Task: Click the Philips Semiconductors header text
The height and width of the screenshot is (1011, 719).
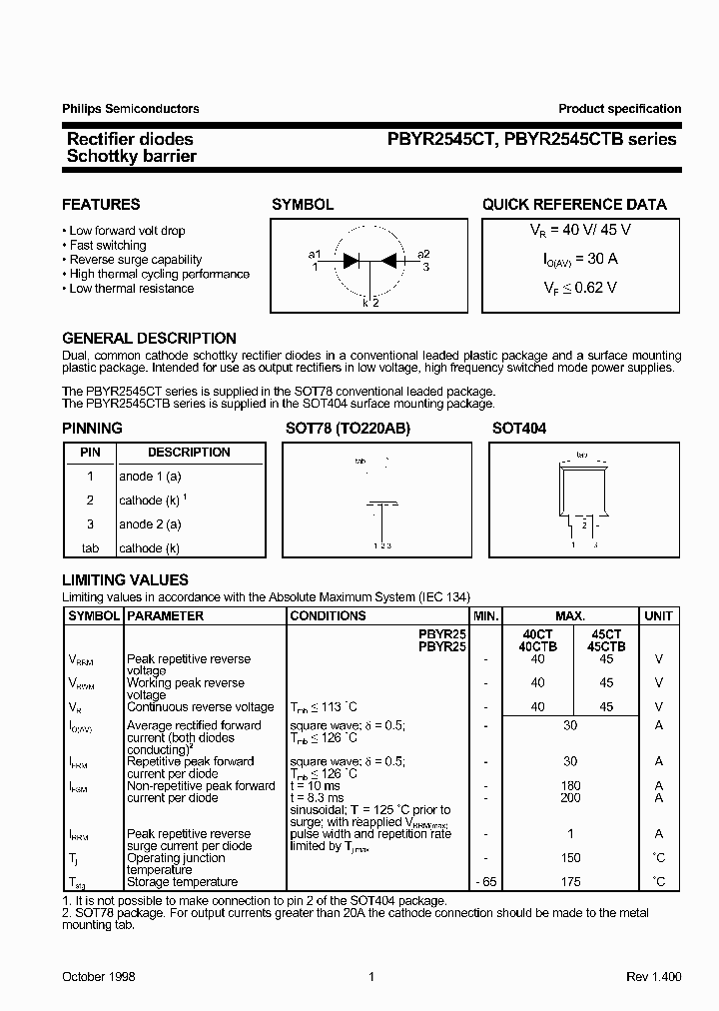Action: pyautogui.click(x=130, y=109)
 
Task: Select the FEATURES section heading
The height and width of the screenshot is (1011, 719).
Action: pyautogui.click(x=101, y=204)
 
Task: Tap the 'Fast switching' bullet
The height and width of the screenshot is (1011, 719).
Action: pyautogui.click(x=107, y=245)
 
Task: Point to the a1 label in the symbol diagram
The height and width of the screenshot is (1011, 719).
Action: pyautogui.click(x=315, y=254)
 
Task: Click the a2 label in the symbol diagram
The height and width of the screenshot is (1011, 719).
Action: pyautogui.click(x=423, y=254)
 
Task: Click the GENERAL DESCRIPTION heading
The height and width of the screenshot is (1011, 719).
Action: pyautogui.click(x=149, y=338)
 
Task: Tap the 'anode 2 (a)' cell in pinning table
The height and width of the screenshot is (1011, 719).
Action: pyautogui.click(x=150, y=524)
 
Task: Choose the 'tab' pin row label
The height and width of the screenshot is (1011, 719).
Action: pyautogui.click(x=90, y=548)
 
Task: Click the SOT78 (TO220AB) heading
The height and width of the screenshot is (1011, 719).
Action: pyautogui.click(x=348, y=428)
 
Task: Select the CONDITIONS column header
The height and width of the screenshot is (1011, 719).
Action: pyautogui.click(x=328, y=616)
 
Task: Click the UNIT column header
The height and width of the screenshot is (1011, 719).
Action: pyautogui.click(x=658, y=616)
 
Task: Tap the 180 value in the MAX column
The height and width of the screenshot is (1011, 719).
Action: pyautogui.click(x=570, y=786)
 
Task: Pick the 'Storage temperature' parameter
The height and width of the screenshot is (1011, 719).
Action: pyautogui.click(x=182, y=882)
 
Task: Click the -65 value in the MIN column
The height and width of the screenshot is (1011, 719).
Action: pyautogui.click(x=484, y=882)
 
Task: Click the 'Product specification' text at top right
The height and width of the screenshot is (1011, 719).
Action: pyautogui.click(x=619, y=109)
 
